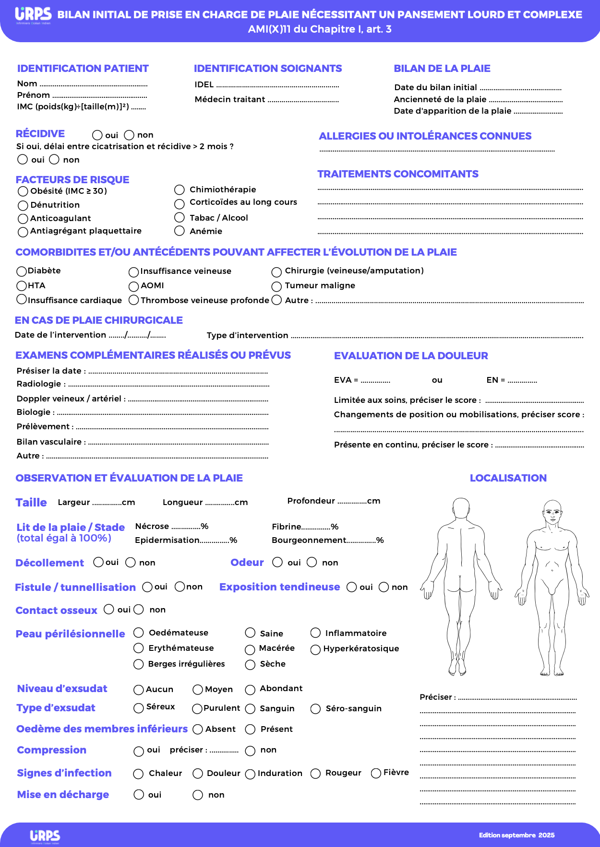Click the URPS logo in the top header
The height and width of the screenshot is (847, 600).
(33, 15)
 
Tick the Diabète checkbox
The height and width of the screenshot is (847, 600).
(22, 271)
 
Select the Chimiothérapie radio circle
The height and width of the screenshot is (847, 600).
(180, 190)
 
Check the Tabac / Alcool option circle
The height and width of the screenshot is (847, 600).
(180, 218)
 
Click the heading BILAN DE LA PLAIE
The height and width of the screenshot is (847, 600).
(442, 69)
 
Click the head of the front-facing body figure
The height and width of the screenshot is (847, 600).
(552, 511)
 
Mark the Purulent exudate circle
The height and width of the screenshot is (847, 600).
(197, 709)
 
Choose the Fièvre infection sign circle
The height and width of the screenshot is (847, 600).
(376, 773)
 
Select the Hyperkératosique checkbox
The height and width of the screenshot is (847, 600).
(315, 650)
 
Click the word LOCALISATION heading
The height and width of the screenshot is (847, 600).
(508, 478)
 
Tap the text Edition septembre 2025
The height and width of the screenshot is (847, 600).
(516, 835)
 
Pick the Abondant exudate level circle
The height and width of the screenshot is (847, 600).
(250, 690)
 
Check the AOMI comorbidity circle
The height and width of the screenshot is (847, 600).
(134, 287)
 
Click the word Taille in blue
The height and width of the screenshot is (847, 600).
(31, 503)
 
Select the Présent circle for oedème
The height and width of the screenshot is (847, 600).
(250, 729)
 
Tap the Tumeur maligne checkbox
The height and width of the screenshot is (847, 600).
(276, 287)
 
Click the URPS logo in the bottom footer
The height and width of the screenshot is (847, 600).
(45, 836)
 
